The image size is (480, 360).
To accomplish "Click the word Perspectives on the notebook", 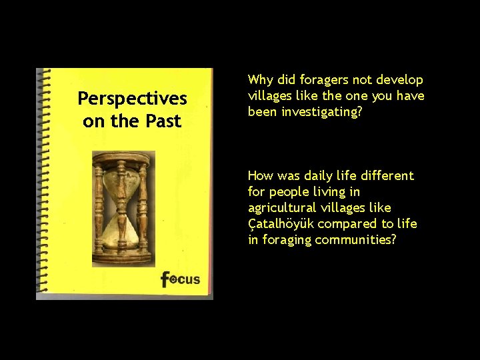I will click(x=132, y=99).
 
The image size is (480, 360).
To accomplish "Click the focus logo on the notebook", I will click(x=180, y=278).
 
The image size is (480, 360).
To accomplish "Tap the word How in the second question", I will click(x=261, y=176).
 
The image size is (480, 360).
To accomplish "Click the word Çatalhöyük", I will click(x=279, y=224).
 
